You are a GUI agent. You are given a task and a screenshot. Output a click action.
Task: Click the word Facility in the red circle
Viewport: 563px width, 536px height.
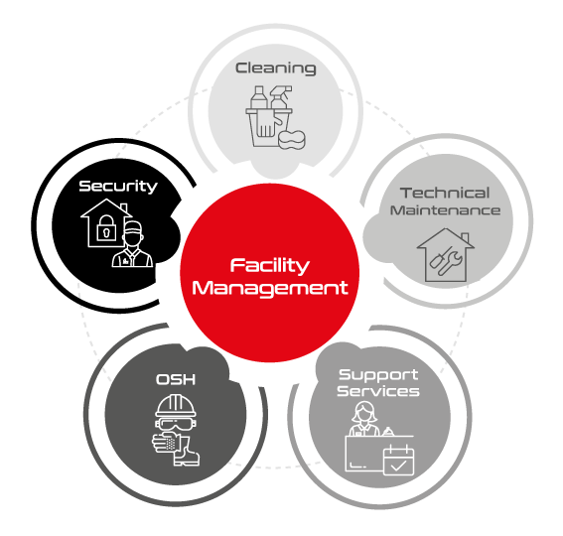click(x=270, y=266)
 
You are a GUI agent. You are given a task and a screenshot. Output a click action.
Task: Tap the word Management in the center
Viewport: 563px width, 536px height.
click(x=270, y=289)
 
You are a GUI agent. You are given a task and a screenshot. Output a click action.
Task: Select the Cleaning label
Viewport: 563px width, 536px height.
click(x=275, y=68)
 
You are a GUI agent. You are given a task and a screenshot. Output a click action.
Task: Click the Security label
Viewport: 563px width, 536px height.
click(x=118, y=186)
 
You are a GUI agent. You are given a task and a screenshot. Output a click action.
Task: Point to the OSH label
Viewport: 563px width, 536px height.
click(x=174, y=378)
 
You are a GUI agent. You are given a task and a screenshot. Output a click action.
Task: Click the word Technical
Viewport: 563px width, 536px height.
click(x=445, y=193)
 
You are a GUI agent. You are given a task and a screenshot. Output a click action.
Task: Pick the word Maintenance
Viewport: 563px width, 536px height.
click(x=445, y=210)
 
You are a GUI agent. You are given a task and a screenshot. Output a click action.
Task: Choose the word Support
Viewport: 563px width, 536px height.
click(x=377, y=374)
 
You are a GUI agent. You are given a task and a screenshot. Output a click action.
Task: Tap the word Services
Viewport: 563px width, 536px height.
click(x=377, y=391)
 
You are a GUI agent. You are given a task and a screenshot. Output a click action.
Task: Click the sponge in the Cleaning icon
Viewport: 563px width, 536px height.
click(x=296, y=136)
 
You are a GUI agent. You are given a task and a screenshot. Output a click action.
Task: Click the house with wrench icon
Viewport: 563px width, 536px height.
click(x=445, y=254)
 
